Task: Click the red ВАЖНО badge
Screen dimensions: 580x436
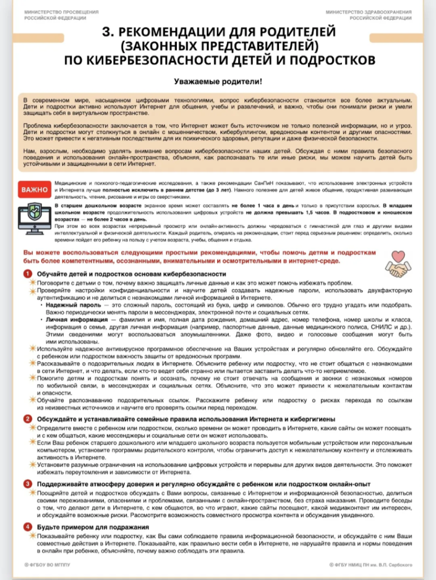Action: coord(35,189)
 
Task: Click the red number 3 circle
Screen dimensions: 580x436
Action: coord(27,484)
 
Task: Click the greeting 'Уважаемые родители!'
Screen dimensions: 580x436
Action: coord(218,82)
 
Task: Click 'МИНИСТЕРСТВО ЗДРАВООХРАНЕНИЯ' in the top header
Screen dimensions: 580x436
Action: coord(369,12)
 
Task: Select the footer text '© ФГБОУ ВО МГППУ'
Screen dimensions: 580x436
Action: coord(46,565)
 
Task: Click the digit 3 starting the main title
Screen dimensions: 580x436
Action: coord(105,31)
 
